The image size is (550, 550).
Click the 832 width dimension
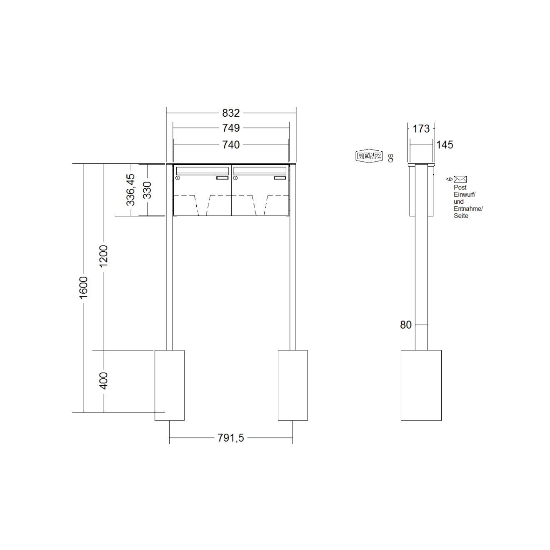pos(231,113)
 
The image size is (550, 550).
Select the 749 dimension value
pos(231,128)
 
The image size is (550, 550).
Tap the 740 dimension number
pos(231,145)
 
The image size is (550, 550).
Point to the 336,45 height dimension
pos(131,190)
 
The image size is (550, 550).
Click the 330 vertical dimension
pos(147,190)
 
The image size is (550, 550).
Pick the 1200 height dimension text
pos(104,256)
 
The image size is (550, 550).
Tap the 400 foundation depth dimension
pos(104,380)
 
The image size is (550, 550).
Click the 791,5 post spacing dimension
pos(231,438)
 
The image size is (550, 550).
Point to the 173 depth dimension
pos(421,128)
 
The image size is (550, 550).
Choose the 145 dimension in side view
pos(445,145)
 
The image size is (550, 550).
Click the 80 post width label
pos(406,325)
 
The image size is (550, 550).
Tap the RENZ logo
pos(368,156)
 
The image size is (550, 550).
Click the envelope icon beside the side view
pos(460,179)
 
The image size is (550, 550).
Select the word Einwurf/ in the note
pos(465,195)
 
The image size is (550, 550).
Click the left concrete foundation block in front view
pos(170,385)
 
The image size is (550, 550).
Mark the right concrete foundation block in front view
pos(292,385)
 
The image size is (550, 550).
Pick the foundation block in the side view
pos(421,385)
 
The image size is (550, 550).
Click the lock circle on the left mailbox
pos(178,178)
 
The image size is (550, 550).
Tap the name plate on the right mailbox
pos(280,178)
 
